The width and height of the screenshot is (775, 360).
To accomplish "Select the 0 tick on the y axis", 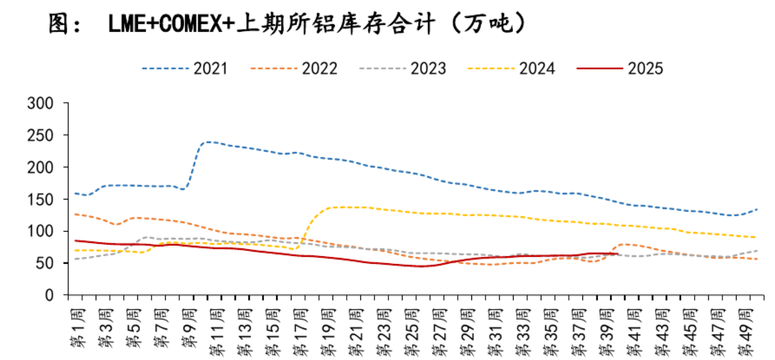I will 51,296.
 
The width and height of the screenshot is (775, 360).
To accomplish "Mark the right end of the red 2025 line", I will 617,254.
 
